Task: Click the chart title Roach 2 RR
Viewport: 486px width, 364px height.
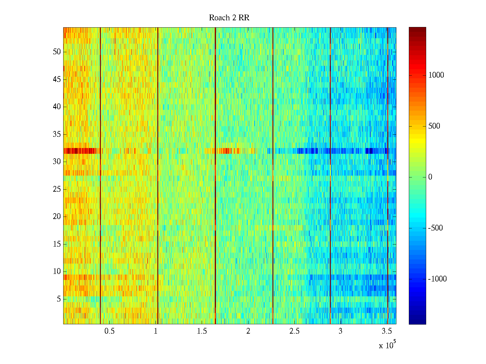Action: pyautogui.click(x=229, y=18)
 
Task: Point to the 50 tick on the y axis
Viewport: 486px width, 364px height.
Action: pyautogui.click(x=57, y=52)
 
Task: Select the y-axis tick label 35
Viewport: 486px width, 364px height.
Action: pyautogui.click(x=57, y=134)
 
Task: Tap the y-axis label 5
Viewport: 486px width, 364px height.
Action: pyautogui.click(x=59, y=299)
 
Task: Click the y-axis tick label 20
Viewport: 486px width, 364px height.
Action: pyautogui.click(x=57, y=217)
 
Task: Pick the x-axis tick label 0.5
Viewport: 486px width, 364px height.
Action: pyautogui.click(x=109, y=331)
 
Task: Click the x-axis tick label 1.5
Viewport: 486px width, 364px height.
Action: pyautogui.click(x=202, y=331)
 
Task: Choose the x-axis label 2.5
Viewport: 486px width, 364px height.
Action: pyautogui.click(x=294, y=331)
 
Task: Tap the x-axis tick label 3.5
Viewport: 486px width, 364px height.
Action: pyautogui.click(x=386, y=331)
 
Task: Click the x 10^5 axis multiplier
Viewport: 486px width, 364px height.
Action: pyautogui.click(x=387, y=345)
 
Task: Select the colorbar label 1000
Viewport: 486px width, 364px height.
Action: pyautogui.click(x=436, y=75)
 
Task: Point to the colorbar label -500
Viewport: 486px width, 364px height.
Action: pyautogui.click(x=435, y=228)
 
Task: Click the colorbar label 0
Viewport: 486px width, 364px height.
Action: pyautogui.click(x=430, y=177)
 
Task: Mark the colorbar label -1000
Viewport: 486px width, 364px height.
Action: pyautogui.click(x=437, y=279)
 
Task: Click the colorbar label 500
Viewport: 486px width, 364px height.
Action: pyautogui.click(x=434, y=126)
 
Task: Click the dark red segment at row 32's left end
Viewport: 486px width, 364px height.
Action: pyautogui.click(x=79, y=151)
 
